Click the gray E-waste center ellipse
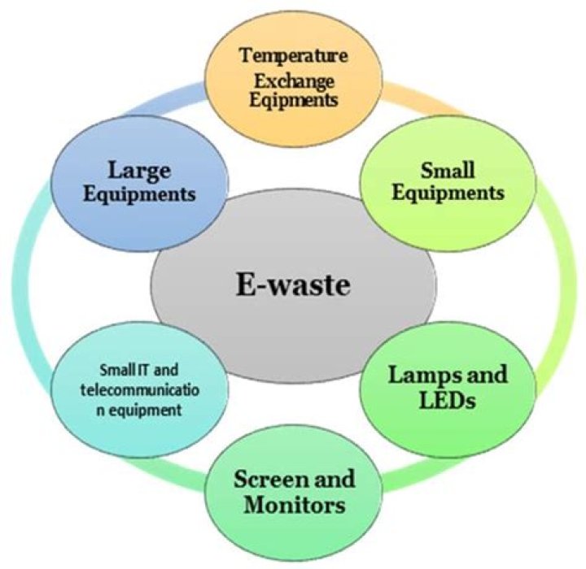click(293, 325)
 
